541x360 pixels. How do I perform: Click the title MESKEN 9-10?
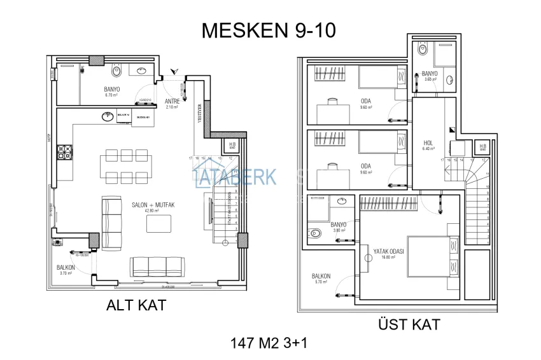click(x=268, y=30)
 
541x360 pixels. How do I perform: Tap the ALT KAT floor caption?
click(x=136, y=305)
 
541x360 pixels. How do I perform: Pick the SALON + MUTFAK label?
click(x=153, y=205)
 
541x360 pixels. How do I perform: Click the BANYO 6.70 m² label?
click(x=113, y=91)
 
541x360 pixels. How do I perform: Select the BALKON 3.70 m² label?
click(x=66, y=269)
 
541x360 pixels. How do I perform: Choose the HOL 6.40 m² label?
click(x=428, y=144)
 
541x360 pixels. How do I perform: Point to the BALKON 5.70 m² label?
click(x=321, y=278)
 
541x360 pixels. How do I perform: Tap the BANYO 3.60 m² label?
click(x=430, y=76)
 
